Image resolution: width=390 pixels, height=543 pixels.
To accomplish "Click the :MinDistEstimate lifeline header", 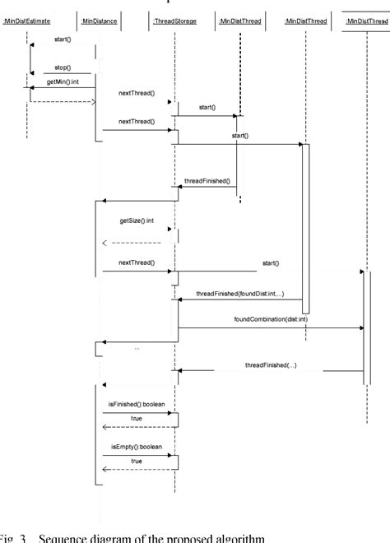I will pos(26,21).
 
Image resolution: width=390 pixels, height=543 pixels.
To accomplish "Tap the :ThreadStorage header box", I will pos(174,21).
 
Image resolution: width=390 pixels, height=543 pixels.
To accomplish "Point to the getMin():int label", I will pos(62,82).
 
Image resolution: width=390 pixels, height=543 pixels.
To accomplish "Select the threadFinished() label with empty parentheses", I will pos(207,180).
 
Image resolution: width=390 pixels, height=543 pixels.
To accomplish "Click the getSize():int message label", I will pos(137,221).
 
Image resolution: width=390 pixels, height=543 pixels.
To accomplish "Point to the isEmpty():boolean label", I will pos(135,446).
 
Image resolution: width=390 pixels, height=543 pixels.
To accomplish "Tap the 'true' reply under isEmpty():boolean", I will pos(137,461).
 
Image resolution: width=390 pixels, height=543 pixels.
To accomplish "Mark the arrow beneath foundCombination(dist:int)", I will pos(271,327).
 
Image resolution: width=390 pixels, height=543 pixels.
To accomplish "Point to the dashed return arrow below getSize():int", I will pos(132,243).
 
